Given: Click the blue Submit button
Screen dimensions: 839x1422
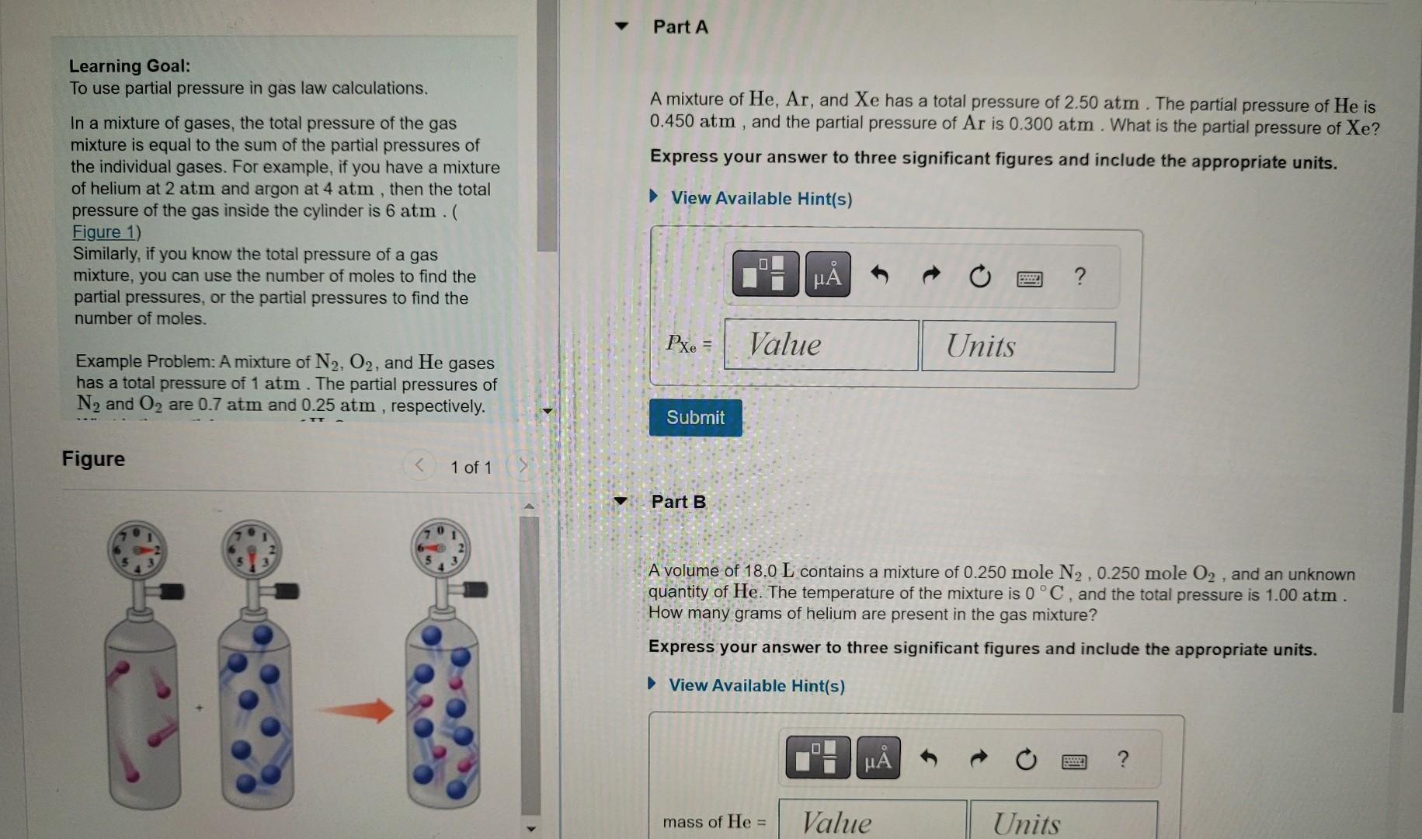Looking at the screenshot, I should click(695, 418).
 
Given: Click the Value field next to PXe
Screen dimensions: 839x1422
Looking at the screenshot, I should click(821, 345).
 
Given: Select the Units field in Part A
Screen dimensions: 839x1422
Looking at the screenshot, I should click(1018, 346).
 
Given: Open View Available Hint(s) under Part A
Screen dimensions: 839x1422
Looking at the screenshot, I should click(761, 199).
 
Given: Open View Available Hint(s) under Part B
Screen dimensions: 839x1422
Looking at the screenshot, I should click(756, 685).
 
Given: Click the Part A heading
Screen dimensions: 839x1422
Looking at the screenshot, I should click(680, 27).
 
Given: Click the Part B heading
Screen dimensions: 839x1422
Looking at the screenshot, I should click(678, 502).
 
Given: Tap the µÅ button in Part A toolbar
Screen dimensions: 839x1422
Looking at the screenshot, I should click(828, 275).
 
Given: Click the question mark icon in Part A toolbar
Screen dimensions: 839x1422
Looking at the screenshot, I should click(1080, 276).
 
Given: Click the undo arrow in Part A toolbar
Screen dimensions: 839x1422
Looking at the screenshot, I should click(879, 275).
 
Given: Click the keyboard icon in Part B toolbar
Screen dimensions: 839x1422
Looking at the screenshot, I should click(1074, 761).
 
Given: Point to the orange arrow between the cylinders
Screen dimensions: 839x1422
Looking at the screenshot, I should click(356, 710).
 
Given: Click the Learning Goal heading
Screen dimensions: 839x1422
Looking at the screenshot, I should click(130, 66).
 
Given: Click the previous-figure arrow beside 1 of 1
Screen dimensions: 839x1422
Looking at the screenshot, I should click(419, 466).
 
